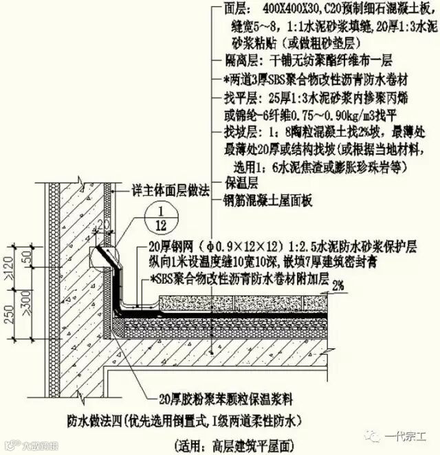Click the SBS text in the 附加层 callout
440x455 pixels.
[169, 280]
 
